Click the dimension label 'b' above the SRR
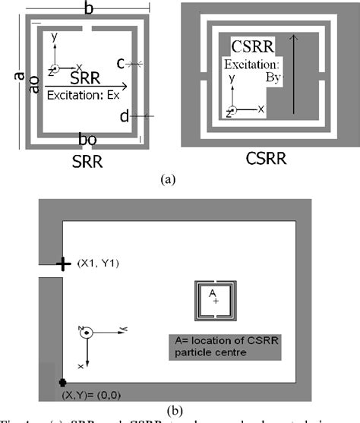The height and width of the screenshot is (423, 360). point(90,10)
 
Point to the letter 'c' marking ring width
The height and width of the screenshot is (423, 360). point(122,65)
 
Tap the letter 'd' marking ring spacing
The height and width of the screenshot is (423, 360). point(123,116)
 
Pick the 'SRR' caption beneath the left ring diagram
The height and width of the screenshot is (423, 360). point(85,161)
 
